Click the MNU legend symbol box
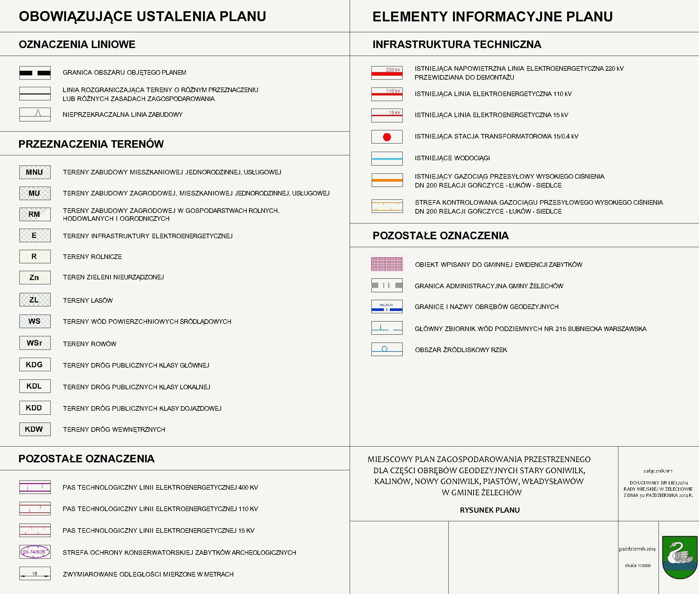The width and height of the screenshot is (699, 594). pos(35,172)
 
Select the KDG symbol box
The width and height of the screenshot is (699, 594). pos(35,364)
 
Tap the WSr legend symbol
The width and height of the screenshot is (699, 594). pos(35,343)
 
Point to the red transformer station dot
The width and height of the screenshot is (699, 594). pos(387,137)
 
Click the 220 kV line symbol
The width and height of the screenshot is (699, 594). pos(387,73)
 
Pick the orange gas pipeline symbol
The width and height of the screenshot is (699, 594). pos(387,180)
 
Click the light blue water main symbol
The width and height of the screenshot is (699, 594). pos(387,158)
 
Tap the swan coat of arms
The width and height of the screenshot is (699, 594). pos(680,557)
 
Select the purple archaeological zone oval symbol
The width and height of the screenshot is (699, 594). pos(35,552)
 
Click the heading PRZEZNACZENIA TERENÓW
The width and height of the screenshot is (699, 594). pos(91,144)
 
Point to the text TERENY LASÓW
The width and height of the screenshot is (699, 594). pos(88,300)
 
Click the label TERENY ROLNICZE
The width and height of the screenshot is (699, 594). pos(92,257)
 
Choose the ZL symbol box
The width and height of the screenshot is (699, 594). pos(35,300)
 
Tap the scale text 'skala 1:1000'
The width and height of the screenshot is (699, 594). pos(637,565)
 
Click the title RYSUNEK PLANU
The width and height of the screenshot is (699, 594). pos(490,510)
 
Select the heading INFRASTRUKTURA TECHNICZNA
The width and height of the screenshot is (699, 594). pos(457,44)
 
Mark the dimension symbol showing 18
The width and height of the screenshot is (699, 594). pos(35,574)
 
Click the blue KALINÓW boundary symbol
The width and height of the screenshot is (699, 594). pos(387,307)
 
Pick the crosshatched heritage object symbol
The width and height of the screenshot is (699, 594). pos(387,264)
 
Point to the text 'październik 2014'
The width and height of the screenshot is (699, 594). pos(637,549)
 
